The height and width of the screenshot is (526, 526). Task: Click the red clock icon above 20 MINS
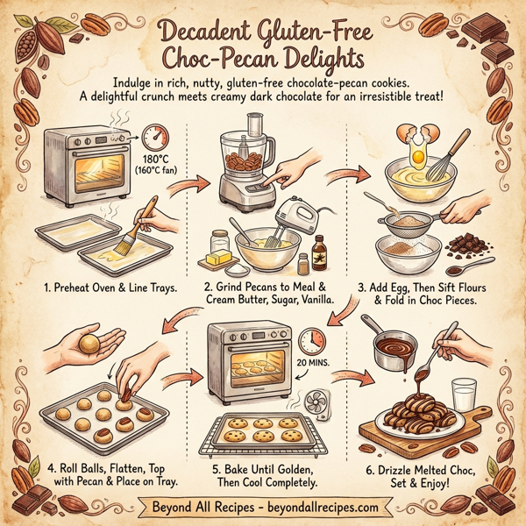[311, 341]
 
